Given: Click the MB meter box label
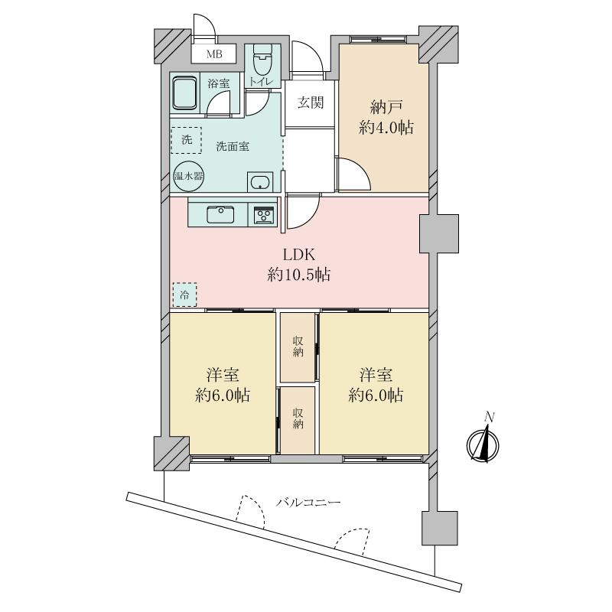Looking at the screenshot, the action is tap(214, 54).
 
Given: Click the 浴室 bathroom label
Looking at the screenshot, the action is tap(219, 83).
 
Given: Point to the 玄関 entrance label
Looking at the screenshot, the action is tap(311, 103).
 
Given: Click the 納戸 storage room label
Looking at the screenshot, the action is tap(386, 107).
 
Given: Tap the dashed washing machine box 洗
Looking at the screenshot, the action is tap(187, 140).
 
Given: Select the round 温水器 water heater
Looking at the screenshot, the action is tap(188, 176).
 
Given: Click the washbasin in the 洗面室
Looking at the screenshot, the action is tap(260, 182).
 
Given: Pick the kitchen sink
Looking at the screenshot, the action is tap(220, 214).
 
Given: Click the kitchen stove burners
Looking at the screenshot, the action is tap(264, 215).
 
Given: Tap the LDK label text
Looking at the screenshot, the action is tap(299, 256).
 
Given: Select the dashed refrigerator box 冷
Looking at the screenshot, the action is tap(184, 295).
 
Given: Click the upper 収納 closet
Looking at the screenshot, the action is tap(298, 347).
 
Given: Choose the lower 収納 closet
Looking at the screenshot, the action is tap(298, 420).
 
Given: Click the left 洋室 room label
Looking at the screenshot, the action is tap(223, 375).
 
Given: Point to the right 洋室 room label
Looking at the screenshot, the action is tap(376, 375).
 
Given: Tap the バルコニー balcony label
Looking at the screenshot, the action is tap(308, 502).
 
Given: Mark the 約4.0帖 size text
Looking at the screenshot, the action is tap(386, 128).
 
